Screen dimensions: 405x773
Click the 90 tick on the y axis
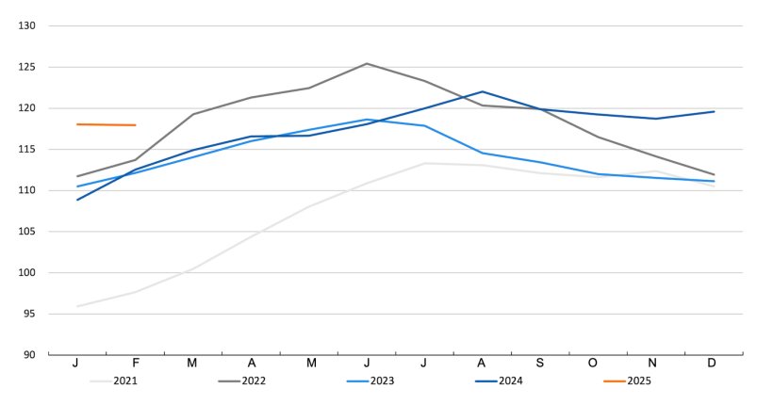tap(29, 355)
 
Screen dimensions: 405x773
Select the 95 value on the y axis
tap(29, 314)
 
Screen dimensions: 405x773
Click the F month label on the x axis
tap(135, 364)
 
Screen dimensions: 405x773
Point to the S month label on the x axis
tap(540, 364)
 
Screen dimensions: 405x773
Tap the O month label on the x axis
tap(598, 364)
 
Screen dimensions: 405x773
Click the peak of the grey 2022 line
tap(367, 64)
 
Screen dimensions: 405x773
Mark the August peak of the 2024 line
tap(483, 92)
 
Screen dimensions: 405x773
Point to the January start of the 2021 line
tap(77, 306)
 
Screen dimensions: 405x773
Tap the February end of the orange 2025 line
tap(135, 125)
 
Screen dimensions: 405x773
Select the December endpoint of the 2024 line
tap(714, 112)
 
